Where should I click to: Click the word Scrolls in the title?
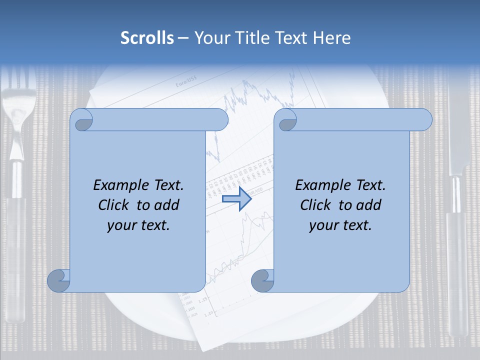click(x=147, y=38)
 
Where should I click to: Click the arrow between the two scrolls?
click(x=236, y=199)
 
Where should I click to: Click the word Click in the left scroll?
click(x=114, y=205)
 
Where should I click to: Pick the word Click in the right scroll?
click(x=316, y=205)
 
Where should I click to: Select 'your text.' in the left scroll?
click(x=138, y=225)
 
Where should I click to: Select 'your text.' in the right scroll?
click(x=340, y=225)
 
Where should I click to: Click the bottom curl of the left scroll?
click(x=59, y=281)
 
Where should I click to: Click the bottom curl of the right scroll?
click(x=263, y=281)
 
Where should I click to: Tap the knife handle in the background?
click(x=457, y=260)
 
